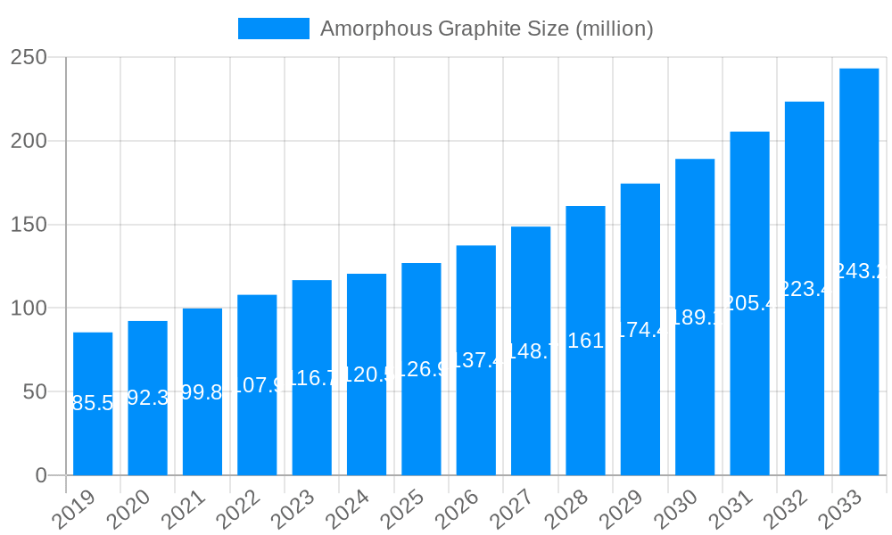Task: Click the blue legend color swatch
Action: (273, 29)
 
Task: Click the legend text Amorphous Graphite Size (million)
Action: (486, 29)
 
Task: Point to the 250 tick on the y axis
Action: (29, 57)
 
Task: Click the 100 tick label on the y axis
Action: (29, 309)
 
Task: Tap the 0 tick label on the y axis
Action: (41, 475)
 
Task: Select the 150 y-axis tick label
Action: (29, 225)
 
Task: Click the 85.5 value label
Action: (93, 403)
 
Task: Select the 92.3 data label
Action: (148, 398)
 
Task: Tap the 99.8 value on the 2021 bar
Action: (202, 392)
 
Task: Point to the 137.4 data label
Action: (476, 360)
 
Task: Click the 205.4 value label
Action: (749, 303)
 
